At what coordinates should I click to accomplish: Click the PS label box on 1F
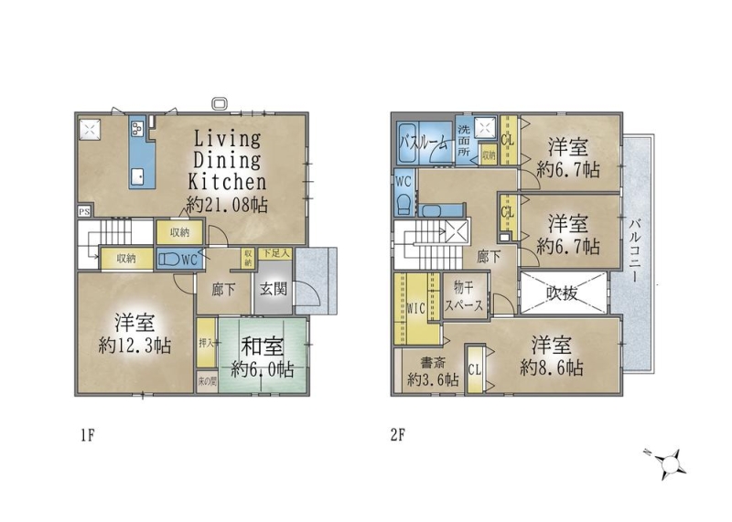point(84,212)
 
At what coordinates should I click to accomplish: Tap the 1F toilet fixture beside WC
point(168,260)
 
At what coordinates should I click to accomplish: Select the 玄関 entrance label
point(273,289)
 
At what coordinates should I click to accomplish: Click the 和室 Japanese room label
point(262,347)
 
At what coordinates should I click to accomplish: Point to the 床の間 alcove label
point(207,381)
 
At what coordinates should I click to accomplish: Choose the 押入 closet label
point(206,343)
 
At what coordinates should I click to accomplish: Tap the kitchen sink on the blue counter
point(139,176)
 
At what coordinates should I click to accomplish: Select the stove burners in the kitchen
point(138,128)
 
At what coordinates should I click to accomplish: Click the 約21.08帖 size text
point(227,205)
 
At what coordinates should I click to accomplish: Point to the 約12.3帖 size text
point(135,346)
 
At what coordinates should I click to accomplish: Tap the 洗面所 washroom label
point(464,141)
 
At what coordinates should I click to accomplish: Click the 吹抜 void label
point(563,293)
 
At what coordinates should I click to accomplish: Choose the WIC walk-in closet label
point(416,308)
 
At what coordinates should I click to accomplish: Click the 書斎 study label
point(433,362)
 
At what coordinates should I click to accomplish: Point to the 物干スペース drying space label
point(464,296)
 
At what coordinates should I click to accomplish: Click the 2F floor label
point(398,436)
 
